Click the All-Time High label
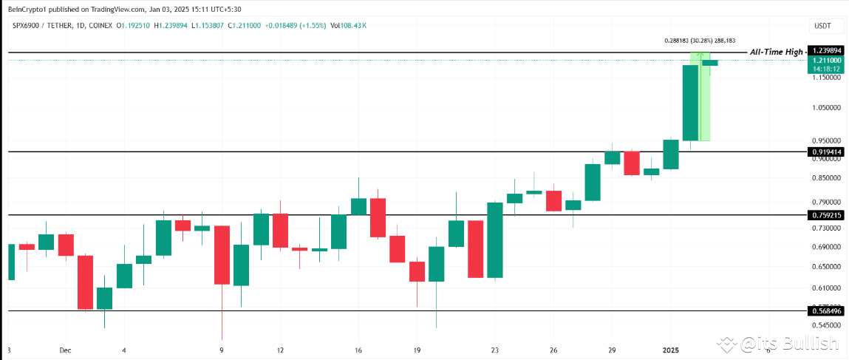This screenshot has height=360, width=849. (x=776, y=52)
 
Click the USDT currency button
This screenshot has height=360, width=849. (x=822, y=26)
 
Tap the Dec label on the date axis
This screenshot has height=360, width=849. (x=66, y=350)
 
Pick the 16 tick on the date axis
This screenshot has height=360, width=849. (x=358, y=350)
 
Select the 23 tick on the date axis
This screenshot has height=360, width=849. (x=495, y=350)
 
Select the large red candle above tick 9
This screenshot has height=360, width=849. (x=222, y=255)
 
